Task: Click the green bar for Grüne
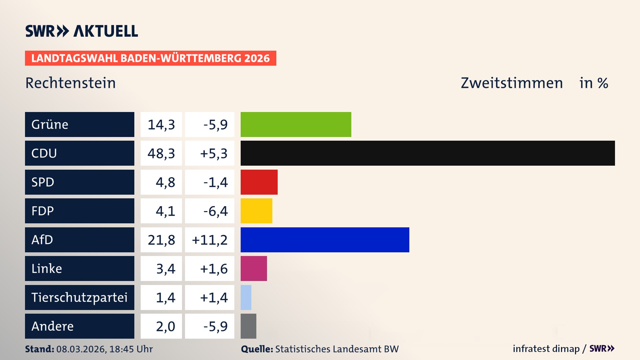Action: [296, 124]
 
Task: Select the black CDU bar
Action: [427, 153]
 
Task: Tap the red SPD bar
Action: [259, 182]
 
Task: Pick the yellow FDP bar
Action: [256, 211]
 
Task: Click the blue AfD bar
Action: [325, 240]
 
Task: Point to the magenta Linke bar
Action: [254, 268]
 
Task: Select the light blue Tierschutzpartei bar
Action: [246, 297]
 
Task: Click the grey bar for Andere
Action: [248, 326]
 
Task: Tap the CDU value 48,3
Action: [161, 153]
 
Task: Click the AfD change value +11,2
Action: [210, 240]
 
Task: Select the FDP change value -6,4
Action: [215, 211]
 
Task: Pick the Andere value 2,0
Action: [165, 326]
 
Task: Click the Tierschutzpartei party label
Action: [79, 297]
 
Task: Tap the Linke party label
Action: [47, 269]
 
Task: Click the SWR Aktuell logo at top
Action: [82, 31]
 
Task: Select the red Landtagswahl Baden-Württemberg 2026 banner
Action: [150, 58]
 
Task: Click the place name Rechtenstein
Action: [71, 83]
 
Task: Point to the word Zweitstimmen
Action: [512, 83]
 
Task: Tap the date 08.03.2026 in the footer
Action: [81, 349]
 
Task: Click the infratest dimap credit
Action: [546, 349]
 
